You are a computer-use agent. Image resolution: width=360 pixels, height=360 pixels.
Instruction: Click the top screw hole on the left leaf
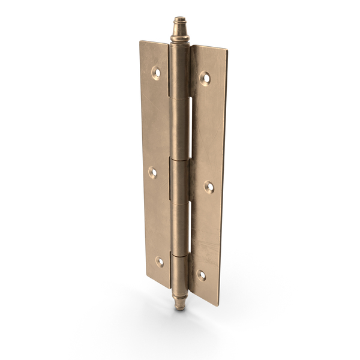(156, 73)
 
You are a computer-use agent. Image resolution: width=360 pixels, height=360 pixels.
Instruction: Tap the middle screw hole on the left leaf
(153, 173)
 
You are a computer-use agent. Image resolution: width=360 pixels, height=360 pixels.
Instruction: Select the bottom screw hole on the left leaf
(160, 262)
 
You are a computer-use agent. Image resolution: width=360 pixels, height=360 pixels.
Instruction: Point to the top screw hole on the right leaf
(205, 77)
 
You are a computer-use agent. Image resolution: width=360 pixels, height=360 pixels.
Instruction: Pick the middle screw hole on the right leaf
(209, 187)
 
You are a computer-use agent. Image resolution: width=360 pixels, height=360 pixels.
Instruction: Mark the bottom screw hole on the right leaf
(202, 275)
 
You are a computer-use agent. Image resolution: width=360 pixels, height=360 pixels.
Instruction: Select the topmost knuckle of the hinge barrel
(179, 72)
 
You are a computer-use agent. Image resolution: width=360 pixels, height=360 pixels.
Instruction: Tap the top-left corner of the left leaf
(141, 42)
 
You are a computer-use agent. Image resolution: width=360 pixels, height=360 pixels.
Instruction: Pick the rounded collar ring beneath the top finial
(179, 39)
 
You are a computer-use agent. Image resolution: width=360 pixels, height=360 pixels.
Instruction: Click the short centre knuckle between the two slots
(179, 180)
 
